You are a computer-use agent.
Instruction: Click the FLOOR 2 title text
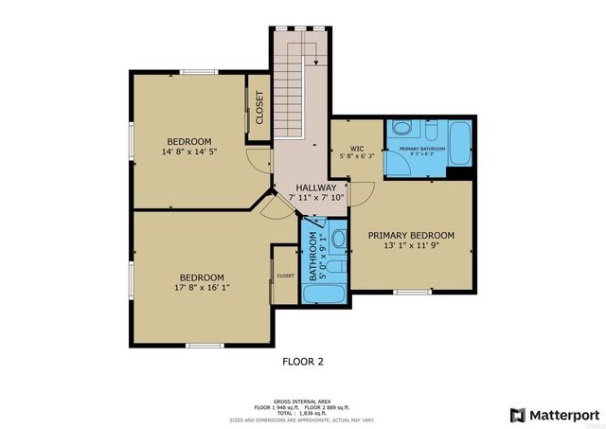point(302,361)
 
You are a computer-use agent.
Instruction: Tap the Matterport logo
point(554,415)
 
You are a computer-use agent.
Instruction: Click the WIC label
point(357,149)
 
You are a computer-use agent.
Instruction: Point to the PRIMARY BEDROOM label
point(411,235)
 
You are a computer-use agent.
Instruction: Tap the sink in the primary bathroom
point(401,129)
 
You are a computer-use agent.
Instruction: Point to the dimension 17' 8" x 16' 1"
point(202,287)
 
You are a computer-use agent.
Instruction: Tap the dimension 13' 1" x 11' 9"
point(411,245)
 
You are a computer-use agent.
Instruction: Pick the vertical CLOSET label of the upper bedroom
point(258,108)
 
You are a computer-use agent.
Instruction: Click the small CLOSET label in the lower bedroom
point(285,276)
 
